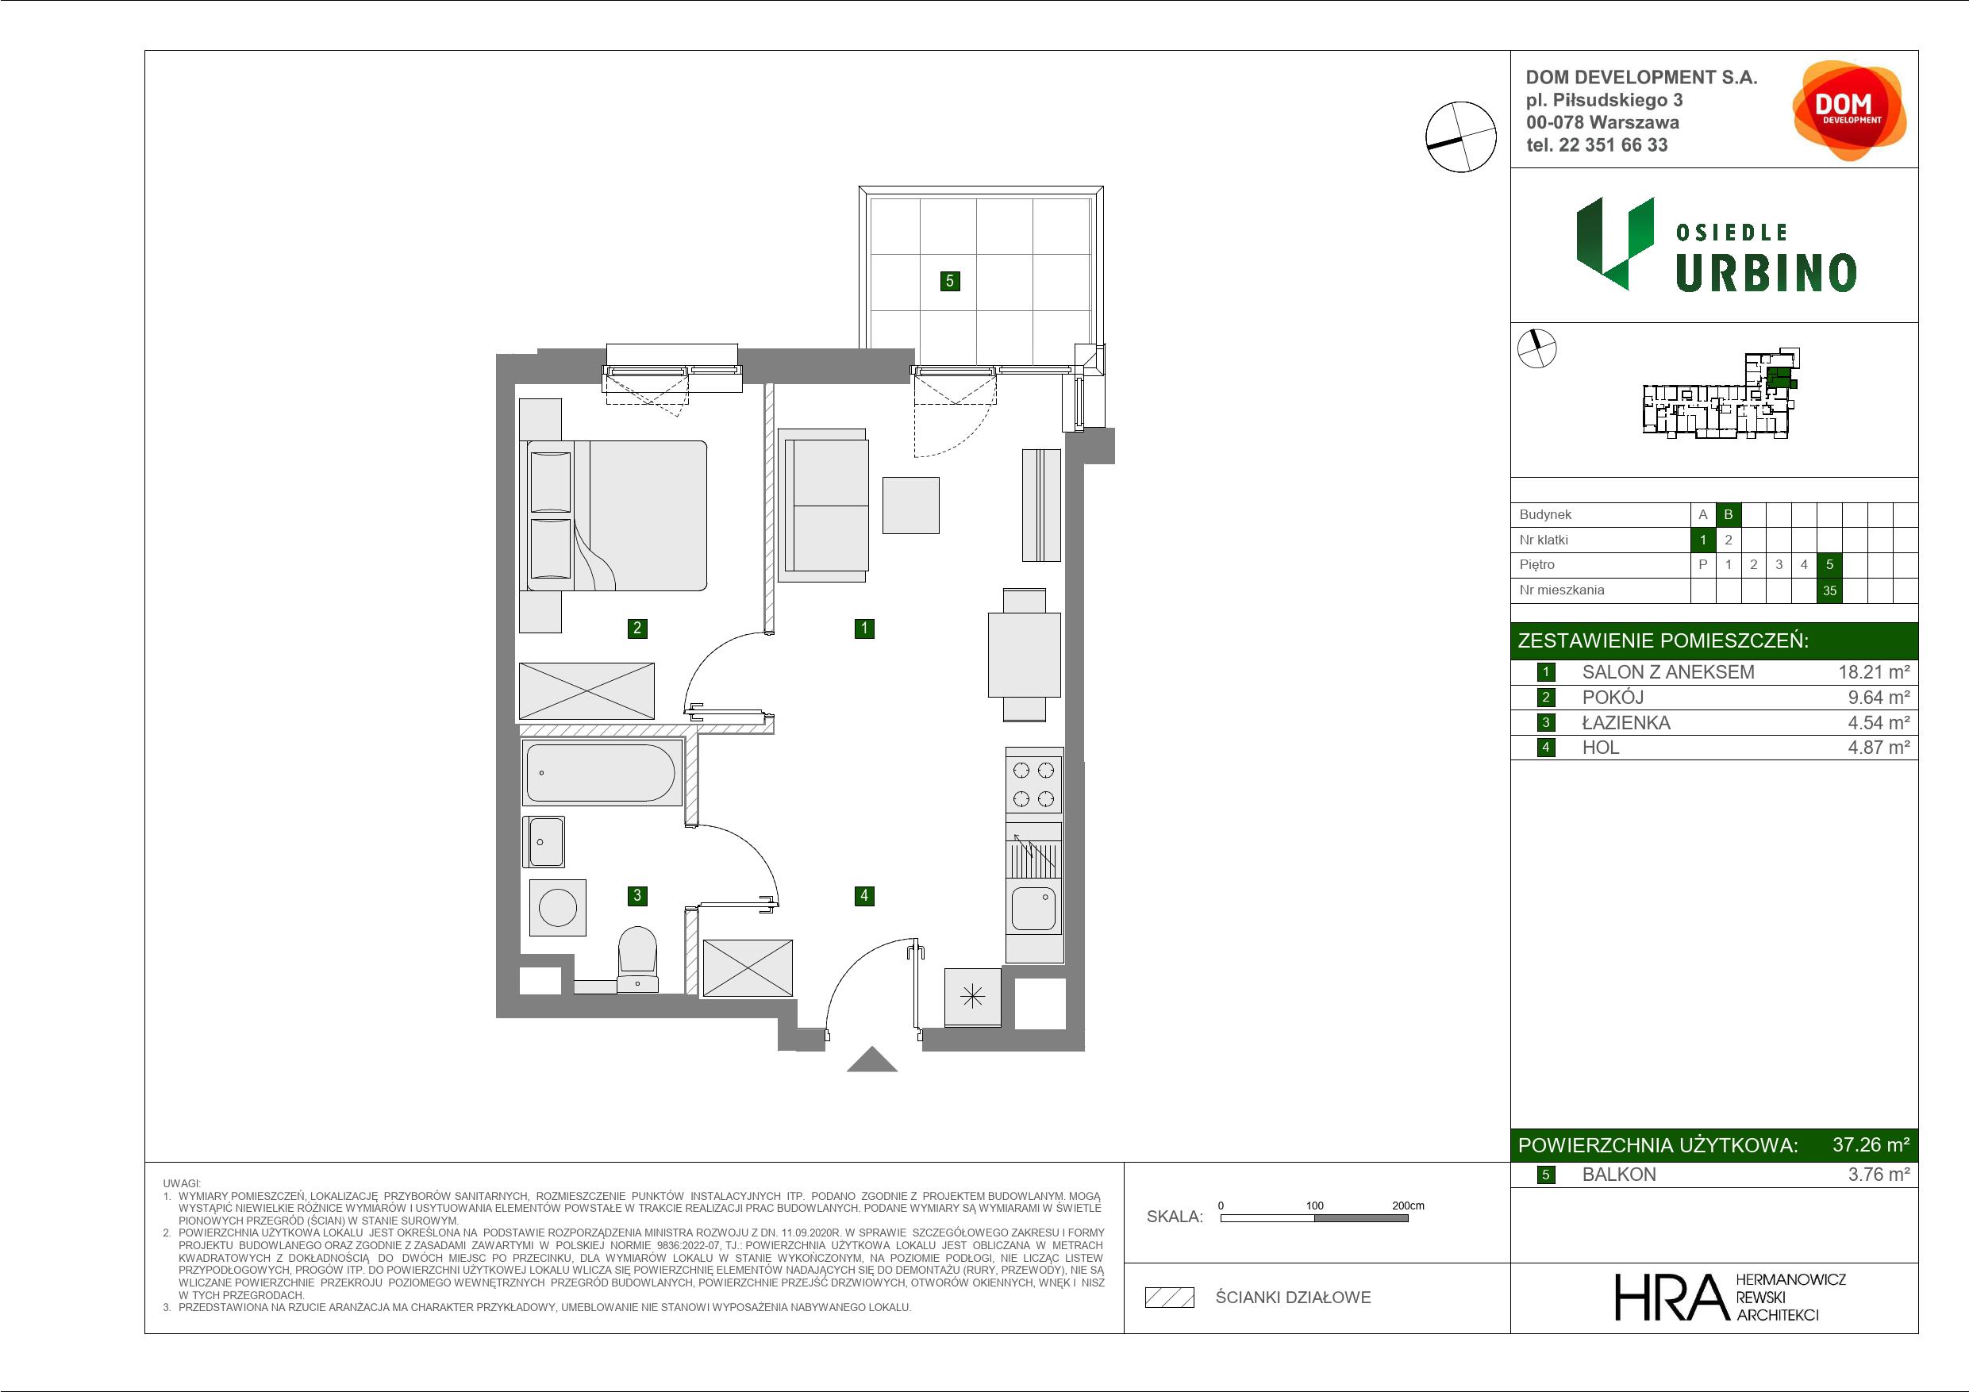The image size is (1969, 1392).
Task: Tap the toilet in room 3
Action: click(637, 958)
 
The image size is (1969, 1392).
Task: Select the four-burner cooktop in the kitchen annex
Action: click(1033, 784)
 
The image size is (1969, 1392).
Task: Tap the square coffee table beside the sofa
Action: click(911, 506)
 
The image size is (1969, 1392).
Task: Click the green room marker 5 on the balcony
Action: click(949, 280)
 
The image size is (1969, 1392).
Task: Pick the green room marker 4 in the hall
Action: click(863, 895)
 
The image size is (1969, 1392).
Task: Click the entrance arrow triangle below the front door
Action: click(872, 1060)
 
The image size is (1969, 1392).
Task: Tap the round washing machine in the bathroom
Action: click(557, 907)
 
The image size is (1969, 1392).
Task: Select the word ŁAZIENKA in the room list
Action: click(1626, 723)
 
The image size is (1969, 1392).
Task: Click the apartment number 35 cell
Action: click(1829, 590)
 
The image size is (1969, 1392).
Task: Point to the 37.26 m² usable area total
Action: click(1871, 1145)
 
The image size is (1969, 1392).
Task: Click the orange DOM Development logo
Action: click(1849, 110)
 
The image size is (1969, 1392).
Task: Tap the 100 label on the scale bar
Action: click(1315, 1205)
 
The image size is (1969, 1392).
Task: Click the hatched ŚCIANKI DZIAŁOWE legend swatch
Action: click(1170, 1298)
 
